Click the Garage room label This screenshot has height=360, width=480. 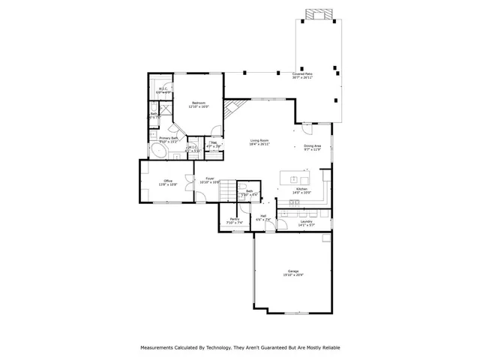tap(293, 272)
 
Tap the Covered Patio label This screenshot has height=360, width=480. tap(303, 75)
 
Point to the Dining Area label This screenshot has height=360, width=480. tap(312, 147)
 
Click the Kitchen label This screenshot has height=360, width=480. tap(301, 190)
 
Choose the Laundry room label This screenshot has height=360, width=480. tap(306, 222)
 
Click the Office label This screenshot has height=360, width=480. tap(168, 181)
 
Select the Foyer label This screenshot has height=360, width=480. tap(210, 179)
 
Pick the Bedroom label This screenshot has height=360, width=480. tap(199, 103)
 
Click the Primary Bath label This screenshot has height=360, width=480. tap(169, 139)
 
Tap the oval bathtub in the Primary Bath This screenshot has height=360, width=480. tap(159, 151)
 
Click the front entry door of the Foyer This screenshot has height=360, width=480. tap(202, 199)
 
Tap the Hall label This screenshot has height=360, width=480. tap(263, 217)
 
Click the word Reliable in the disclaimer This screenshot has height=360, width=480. tap(328, 348)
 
